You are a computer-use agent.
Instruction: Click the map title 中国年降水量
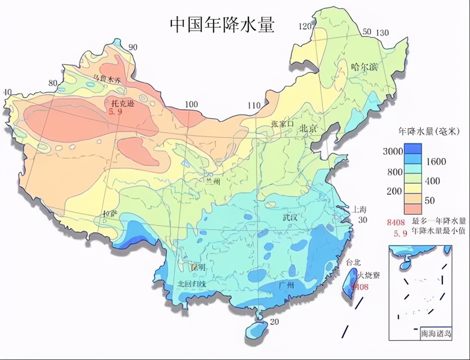tap(221, 24)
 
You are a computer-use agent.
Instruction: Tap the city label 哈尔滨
tap(364, 67)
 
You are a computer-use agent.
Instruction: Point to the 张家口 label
tap(282, 124)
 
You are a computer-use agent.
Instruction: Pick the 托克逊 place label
tap(121, 102)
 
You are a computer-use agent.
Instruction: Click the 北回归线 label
tap(191, 284)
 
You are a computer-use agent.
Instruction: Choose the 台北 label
tap(353, 262)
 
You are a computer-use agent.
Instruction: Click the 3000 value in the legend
tap(392, 151)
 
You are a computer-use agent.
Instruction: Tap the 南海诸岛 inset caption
tap(436, 333)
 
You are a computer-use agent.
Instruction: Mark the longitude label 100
tap(191, 104)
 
